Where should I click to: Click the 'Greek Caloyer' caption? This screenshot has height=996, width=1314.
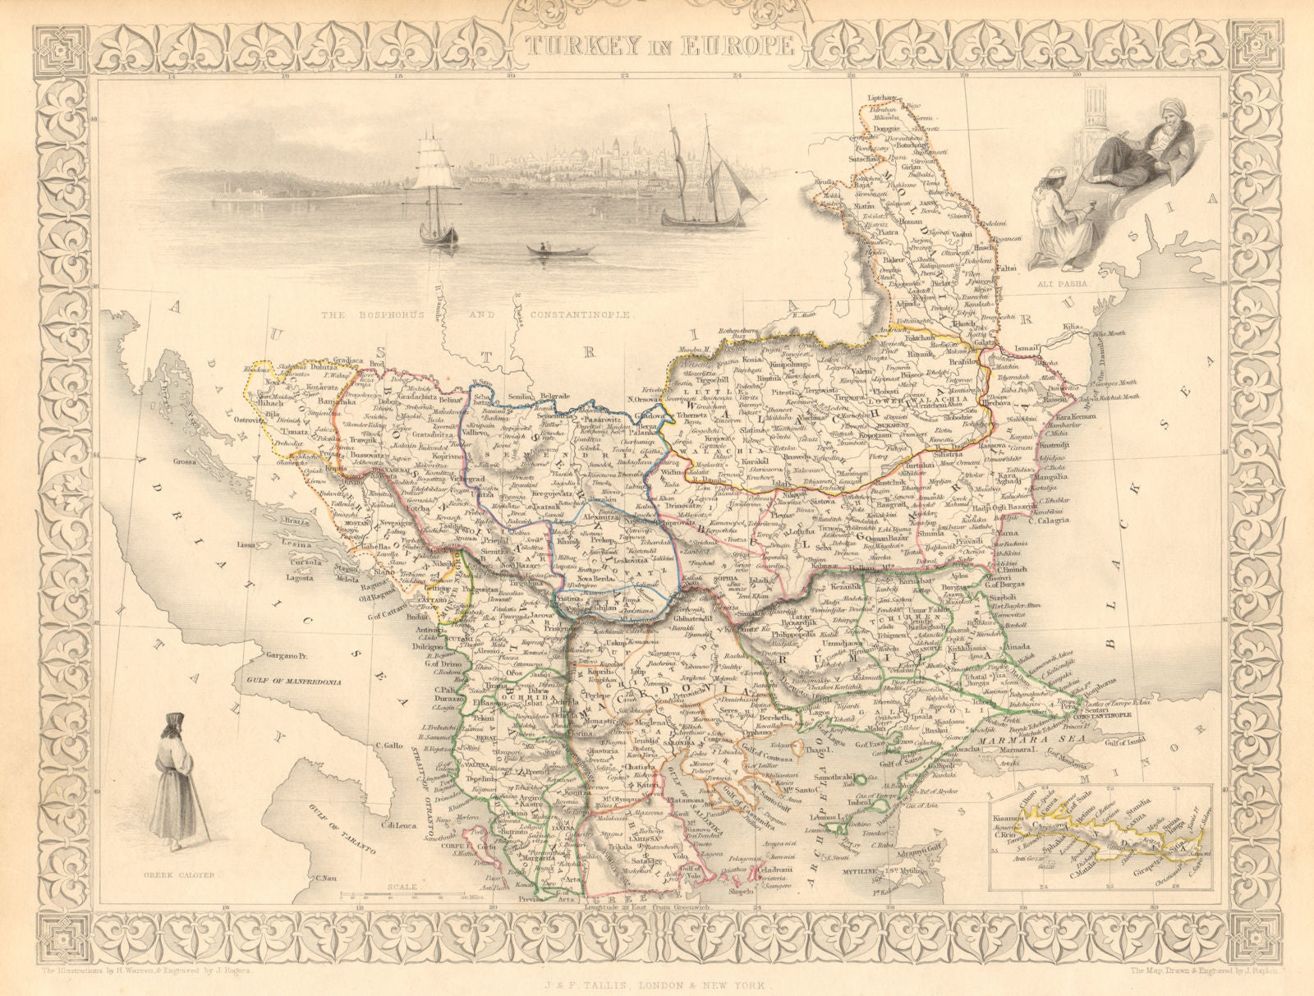(190, 875)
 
